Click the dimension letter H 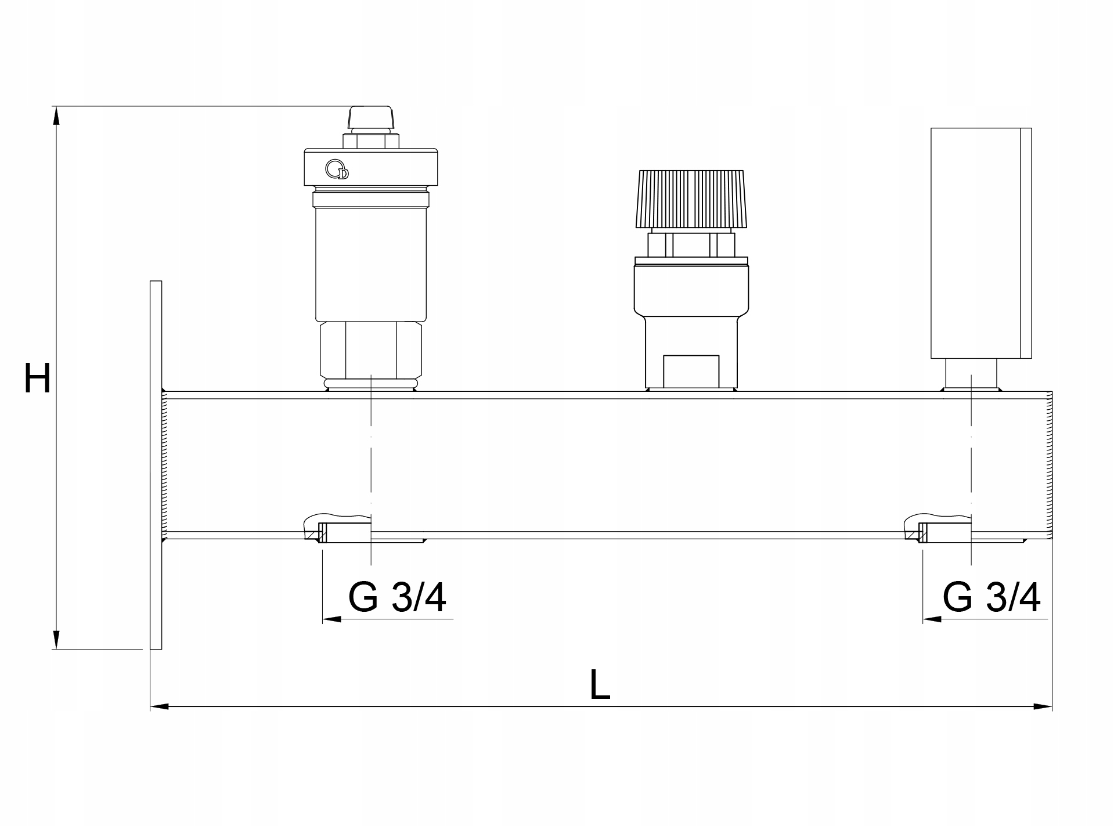coord(37,378)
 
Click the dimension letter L coord(600,684)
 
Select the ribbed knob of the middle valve coord(691,199)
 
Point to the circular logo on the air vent coord(337,169)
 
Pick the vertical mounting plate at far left coord(156,465)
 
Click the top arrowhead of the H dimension coord(56,116)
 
